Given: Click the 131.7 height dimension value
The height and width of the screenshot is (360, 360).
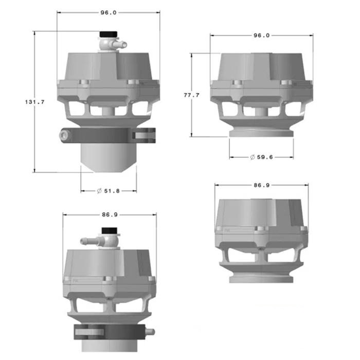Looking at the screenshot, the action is point(34,102).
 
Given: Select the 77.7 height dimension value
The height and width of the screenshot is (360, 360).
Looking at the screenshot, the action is point(192,95).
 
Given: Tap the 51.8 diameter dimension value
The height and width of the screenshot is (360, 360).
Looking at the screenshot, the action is point(112,191).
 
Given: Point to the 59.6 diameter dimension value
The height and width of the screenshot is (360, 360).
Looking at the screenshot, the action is point(265,157).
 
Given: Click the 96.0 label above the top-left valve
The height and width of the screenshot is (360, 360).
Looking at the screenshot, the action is point(109,13).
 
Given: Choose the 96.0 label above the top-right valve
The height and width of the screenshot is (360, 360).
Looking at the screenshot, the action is point(261,35).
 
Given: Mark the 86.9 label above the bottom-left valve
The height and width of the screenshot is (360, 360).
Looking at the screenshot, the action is point(110,214).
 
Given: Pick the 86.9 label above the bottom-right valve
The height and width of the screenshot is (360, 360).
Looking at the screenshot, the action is point(261,185).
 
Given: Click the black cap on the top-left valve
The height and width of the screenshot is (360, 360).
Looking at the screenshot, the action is point(109,34).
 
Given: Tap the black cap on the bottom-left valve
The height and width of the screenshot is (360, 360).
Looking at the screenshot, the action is point(110,231).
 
